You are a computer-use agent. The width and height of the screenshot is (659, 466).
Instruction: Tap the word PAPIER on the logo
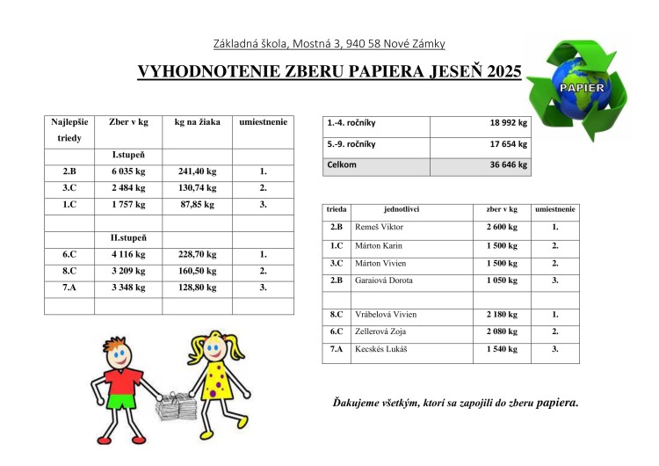577,88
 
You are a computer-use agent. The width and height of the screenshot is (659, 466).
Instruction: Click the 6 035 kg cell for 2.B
127,172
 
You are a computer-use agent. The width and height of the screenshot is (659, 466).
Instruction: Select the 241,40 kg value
197,172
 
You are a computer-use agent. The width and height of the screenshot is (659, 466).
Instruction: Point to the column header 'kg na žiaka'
197,122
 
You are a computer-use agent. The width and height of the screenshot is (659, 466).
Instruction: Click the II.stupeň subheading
127,238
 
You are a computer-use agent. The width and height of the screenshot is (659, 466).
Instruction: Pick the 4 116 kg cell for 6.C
127,254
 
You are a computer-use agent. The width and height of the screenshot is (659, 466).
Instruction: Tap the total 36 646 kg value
508,164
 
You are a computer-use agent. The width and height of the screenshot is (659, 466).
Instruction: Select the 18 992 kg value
508,123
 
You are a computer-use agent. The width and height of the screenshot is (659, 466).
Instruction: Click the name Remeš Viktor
380,227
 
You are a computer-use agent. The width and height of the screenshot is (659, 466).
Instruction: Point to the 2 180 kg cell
501,314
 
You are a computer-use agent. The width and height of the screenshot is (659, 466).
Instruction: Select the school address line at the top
329,43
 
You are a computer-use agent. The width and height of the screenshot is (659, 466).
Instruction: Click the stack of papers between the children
176,406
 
